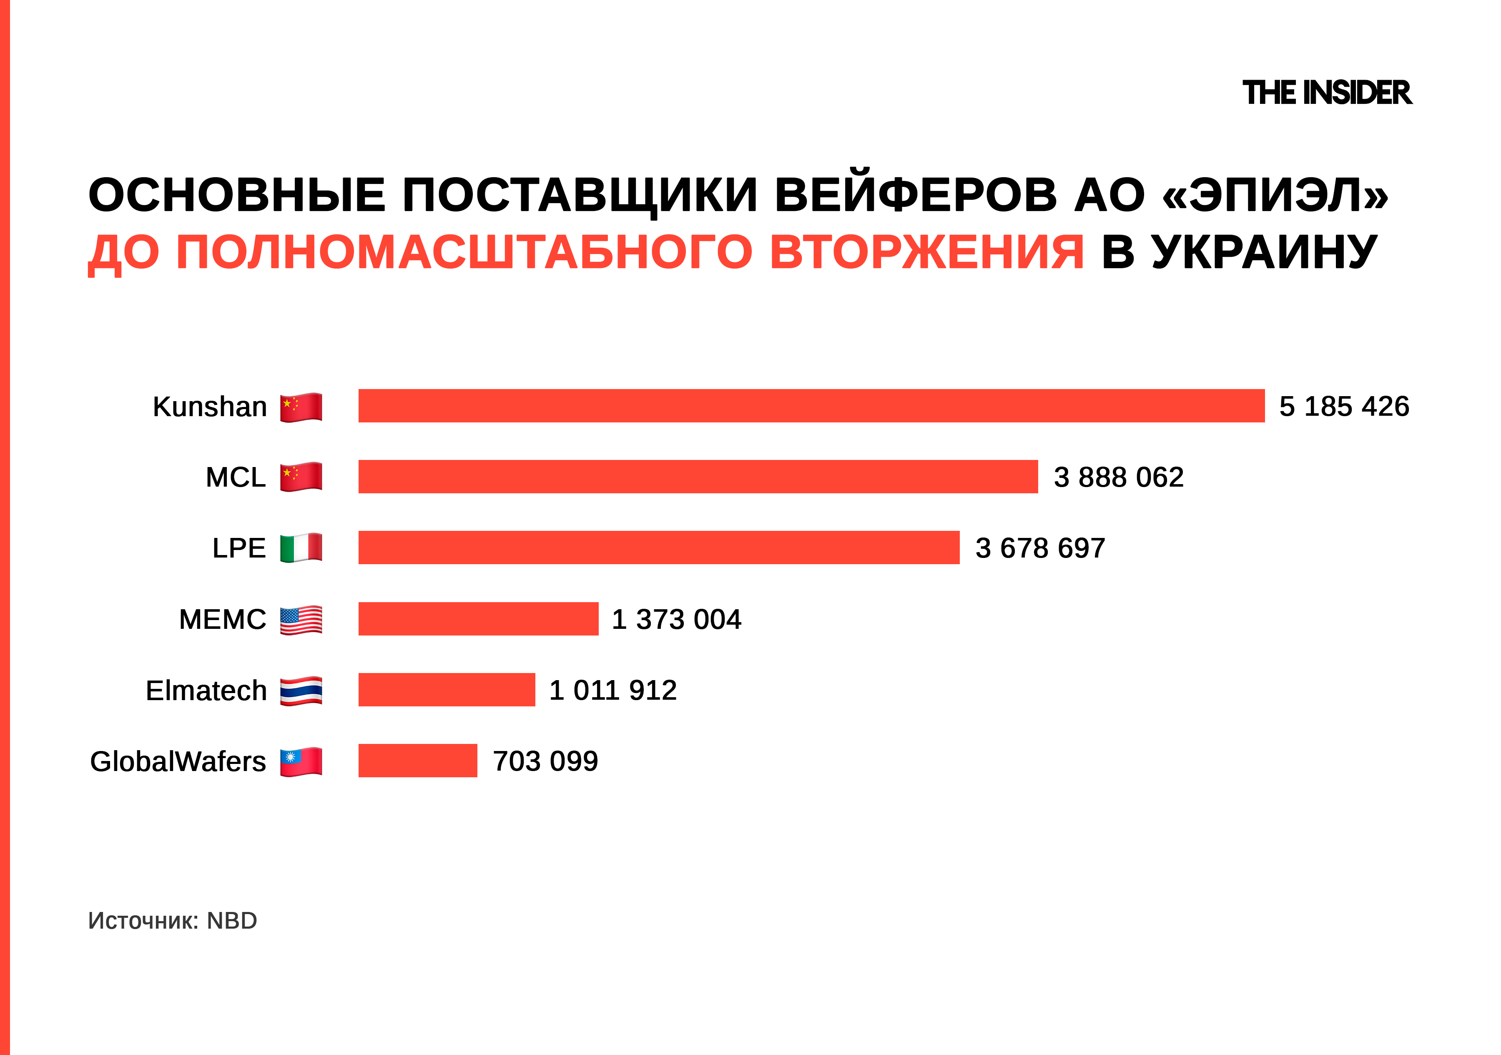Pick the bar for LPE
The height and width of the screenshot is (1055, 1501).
pyautogui.click(x=658, y=548)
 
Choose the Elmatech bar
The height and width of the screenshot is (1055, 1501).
pyautogui.click(x=447, y=690)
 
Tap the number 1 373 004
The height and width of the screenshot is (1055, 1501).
pyautogui.click(x=676, y=619)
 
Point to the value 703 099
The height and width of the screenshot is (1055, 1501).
pyautogui.click(x=545, y=761)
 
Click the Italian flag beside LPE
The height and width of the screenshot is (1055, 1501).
pyautogui.click(x=301, y=548)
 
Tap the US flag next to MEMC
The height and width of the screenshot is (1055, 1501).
pyautogui.click(x=301, y=620)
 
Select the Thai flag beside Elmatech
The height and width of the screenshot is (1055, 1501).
pyautogui.click(x=301, y=691)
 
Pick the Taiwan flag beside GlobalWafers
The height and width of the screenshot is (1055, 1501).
pyautogui.click(x=301, y=761)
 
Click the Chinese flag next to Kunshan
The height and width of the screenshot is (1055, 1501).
pyautogui.click(x=301, y=407)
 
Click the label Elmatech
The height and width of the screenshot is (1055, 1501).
pyautogui.click(x=206, y=690)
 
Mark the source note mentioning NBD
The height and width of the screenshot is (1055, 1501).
pyautogui.click(x=173, y=920)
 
